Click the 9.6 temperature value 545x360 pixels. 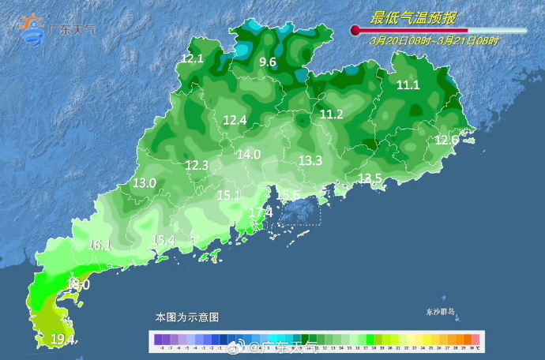tap(268, 62)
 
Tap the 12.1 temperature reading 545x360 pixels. tap(192, 58)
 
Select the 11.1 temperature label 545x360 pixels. tap(408, 85)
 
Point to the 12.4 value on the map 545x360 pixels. tap(235, 120)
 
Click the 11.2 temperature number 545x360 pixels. tap(331, 114)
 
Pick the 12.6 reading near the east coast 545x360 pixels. tap(446, 140)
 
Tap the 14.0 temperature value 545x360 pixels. tap(248, 155)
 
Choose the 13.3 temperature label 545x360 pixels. tap(310, 160)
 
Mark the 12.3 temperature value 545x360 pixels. tap(197, 165)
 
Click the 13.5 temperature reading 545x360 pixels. tap(370, 178)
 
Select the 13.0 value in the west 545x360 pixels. tap(144, 183)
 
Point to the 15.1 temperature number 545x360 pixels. tap(228, 194)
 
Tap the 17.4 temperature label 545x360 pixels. tap(260, 212)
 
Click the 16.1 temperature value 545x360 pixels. tap(100, 246)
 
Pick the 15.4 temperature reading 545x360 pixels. tap(163, 240)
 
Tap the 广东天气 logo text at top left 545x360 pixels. tap(73, 30)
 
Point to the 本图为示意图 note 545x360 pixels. tap(186, 317)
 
